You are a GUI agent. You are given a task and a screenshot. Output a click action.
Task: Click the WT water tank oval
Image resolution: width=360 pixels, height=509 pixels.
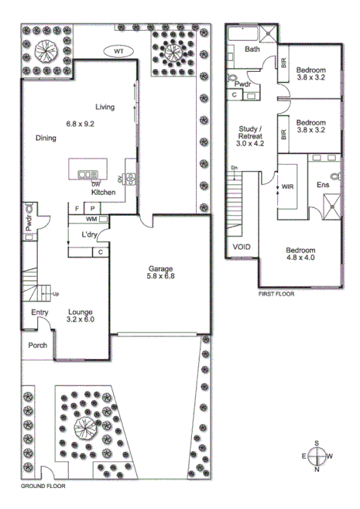[118, 51]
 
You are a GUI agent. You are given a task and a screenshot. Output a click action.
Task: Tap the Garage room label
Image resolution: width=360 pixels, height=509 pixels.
[160, 271]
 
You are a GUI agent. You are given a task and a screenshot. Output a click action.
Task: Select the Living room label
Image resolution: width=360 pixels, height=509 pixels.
[105, 108]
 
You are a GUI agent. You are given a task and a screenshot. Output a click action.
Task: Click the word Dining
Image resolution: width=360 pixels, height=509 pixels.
[46, 138]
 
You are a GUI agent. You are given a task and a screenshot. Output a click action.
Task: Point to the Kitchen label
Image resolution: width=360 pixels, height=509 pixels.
[105, 191]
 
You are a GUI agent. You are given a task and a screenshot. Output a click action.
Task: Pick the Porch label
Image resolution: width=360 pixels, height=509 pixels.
[37, 346]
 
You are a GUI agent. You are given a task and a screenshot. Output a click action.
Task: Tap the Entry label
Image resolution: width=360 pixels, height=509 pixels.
[39, 313]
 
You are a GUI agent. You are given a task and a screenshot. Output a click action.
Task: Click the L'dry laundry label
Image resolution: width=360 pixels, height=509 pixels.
[89, 235]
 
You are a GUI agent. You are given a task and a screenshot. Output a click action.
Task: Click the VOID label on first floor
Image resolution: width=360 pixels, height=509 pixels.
[242, 247]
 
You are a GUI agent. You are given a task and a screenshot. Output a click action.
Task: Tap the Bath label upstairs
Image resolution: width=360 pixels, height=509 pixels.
[252, 50]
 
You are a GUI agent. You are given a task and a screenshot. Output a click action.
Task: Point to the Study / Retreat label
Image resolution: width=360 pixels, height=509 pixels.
[250, 136]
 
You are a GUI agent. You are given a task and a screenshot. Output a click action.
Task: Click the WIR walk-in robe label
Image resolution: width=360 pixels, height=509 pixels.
[287, 186]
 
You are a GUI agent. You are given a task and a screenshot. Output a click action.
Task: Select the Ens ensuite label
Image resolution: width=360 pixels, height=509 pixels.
[323, 185]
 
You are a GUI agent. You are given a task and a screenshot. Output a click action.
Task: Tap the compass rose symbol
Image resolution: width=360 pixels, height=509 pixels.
[317, 456]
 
